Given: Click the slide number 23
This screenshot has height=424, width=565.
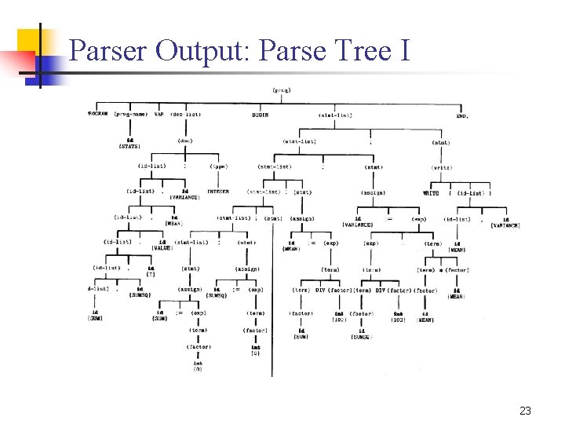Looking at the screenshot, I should coord(525,411).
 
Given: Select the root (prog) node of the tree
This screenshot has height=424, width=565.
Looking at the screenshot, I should coord(282,90).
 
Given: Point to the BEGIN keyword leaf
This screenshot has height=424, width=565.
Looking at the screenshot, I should coord(260,115).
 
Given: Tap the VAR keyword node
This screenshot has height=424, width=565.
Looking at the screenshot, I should coord(159,115).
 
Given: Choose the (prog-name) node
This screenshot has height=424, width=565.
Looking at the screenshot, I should coord(130,115).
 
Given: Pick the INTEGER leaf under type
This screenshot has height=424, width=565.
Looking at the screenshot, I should coord(218,192).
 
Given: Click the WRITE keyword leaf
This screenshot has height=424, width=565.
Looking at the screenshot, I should coord(432,192).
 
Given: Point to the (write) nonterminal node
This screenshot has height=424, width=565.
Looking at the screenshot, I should coord(441,166).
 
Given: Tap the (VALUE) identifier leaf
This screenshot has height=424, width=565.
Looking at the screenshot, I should coord(162,248).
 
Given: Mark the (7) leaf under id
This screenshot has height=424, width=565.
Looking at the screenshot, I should coord(151,273).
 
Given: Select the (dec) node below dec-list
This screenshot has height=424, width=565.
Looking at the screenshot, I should coord(185,141).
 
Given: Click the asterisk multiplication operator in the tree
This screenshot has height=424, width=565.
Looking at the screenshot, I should coord(441,270).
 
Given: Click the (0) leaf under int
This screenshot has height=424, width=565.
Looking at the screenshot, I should coord(256,353).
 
